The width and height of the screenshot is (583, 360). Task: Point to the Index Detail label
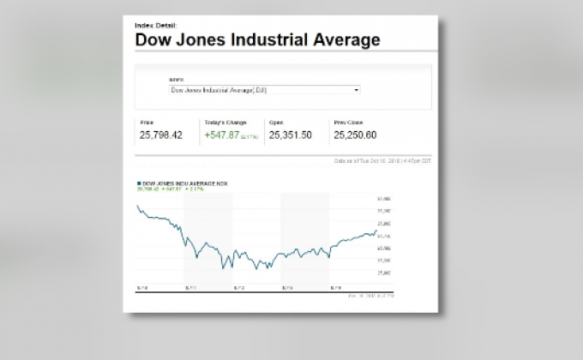tap(155, 25)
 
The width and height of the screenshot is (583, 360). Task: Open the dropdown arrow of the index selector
tap(357, 89)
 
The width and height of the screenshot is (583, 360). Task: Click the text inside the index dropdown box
tap(225, 89)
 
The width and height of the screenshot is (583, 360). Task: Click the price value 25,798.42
tap(161, 135)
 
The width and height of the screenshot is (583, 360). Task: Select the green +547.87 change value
tap(220, 135)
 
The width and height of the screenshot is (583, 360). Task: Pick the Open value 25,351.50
tap(290, 135)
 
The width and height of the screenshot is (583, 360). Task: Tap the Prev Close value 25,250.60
tap(355, 135)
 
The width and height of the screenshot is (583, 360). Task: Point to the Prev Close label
tap(347, 123)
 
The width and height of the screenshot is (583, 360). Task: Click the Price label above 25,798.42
tap(147, 123)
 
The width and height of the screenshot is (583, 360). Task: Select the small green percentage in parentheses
tap(249, 136)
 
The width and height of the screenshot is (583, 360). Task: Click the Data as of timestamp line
tap(382, 160)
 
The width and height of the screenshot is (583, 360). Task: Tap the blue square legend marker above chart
tap(139, 183)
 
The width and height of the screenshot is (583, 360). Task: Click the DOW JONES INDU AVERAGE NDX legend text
tap(182, 183)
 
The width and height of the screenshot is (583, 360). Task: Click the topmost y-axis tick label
tap(383, 199)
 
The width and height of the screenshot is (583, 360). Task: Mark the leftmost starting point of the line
tap(137, 206)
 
